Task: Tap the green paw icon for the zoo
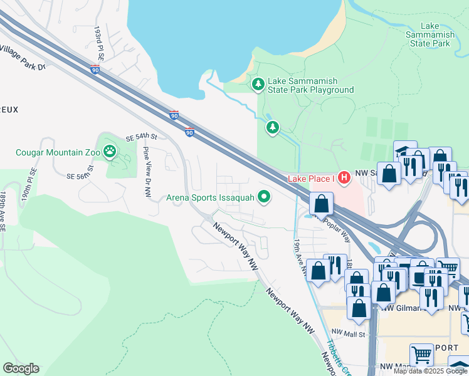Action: [110, 151]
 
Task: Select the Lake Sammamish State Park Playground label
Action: [311, 85]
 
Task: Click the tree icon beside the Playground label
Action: [257, 84]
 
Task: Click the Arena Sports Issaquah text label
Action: [210, 198]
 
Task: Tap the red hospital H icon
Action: [343, 179]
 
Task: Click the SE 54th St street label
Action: [140, 137]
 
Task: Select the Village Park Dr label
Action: [23, 58]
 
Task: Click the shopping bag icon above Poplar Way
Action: [321, 204]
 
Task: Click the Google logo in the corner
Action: [21, 368]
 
